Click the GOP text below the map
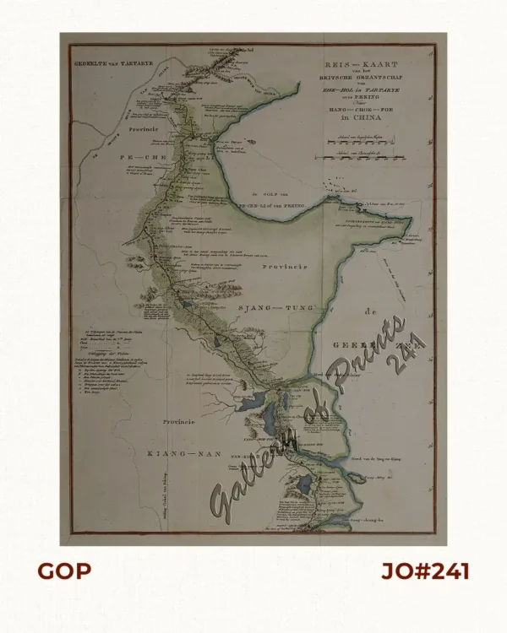tap(63, 572)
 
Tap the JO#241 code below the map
tap(425, 572)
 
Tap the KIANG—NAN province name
tap(183, 454)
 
